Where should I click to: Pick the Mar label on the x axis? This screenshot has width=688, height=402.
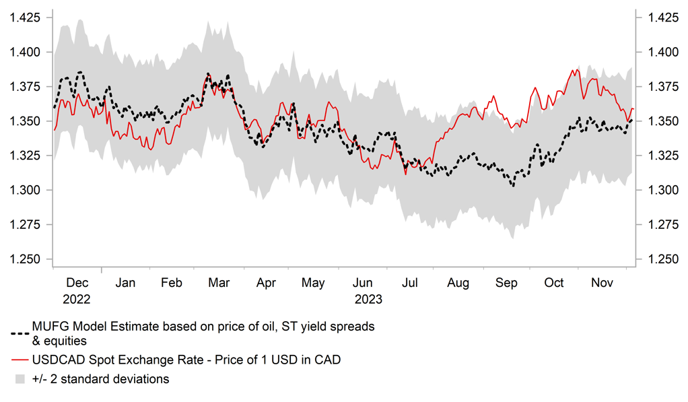tap(219, 283)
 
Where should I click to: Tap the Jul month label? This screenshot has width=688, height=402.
tap(411, 283)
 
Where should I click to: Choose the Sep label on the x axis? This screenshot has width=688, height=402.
tap(506, 283)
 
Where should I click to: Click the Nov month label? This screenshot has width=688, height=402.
tap(602, 283)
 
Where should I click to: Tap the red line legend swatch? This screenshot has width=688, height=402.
tap(20, 360)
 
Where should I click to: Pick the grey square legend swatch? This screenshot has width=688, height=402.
tap(20, 380)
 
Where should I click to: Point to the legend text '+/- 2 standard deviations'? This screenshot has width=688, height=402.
tap(100, 379)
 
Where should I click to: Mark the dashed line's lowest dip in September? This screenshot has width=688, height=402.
tap(513, 185)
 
